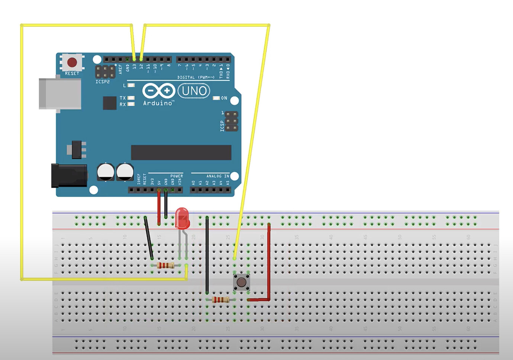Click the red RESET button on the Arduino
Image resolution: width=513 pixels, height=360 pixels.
pos(72,62)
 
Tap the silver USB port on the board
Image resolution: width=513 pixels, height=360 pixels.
pos(60,93)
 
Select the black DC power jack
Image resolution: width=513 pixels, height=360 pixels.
pos(69,176)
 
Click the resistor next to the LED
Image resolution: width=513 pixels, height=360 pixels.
pos(165,265)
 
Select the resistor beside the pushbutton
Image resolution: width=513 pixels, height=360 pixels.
pos(220,300)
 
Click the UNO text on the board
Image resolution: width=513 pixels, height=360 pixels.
pos(194,91)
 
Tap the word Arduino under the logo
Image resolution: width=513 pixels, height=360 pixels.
pos(158,103)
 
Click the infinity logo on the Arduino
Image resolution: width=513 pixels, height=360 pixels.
pos(159,91)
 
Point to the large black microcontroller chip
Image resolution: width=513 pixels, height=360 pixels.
pos(181,152)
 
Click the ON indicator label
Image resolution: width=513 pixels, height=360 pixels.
pos(224,98)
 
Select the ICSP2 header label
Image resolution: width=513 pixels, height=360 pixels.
pos(103,81)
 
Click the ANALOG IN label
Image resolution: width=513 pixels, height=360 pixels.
pos(217,176)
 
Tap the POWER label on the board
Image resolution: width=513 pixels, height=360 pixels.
pos(177,176)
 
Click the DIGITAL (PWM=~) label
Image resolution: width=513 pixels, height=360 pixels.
pos(196,77)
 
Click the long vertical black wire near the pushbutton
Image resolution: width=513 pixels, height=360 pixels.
pos(207,257)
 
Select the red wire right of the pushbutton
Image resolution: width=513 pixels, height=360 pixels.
pos(269,264)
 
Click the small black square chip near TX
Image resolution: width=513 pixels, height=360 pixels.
pos(110,103)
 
